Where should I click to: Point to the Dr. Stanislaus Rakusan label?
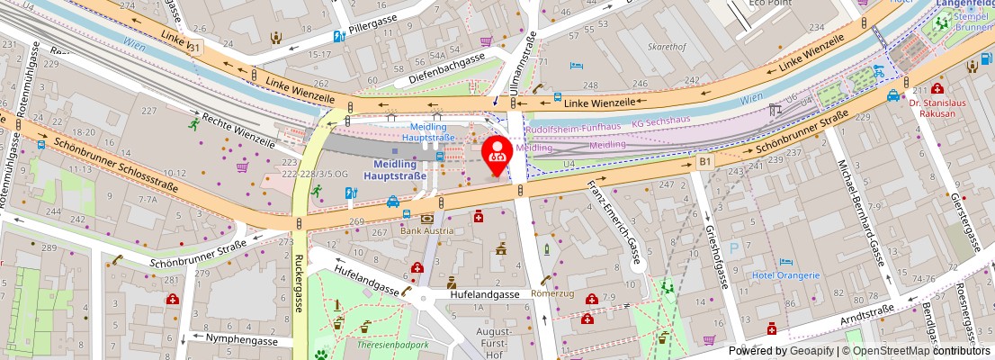[937, 108]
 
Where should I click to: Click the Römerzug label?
[552, 293]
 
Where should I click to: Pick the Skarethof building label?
[668, 45]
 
